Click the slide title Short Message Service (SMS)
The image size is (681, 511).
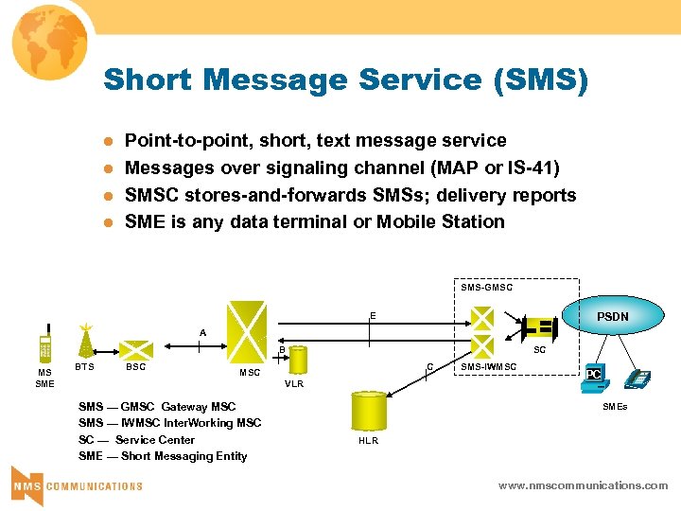tap(345, 79)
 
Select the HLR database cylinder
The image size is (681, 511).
tap(368, 411)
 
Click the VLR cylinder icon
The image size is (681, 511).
tap(298, 361)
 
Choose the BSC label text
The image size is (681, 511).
tap(135, 367)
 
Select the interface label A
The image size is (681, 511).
tap(201, 333)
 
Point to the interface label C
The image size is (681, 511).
tap(429, 367)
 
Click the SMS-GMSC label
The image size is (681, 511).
tap(486, 287)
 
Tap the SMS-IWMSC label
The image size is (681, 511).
tap(488, 366)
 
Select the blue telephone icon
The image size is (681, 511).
tap(638, 379)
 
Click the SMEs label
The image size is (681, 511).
tap(616, 407)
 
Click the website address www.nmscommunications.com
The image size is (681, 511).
tap(583, 485)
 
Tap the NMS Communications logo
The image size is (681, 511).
tap(77, 484)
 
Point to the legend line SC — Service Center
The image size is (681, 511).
tap(136, 439)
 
